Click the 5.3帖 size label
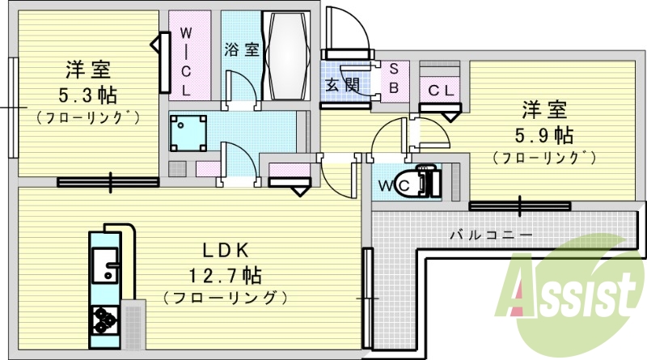84,94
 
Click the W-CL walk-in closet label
186,61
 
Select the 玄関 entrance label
342,83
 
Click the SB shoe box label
394,78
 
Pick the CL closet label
441,90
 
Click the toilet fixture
425,182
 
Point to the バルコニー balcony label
491,235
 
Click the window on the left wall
12,108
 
